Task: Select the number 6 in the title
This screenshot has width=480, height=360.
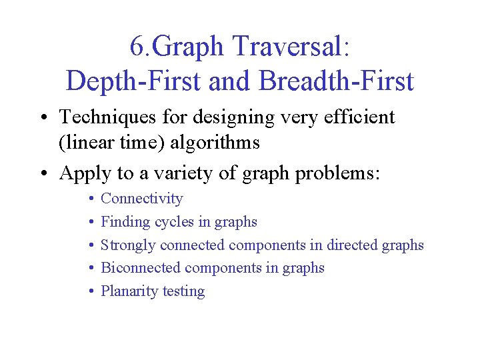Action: click(136, 46)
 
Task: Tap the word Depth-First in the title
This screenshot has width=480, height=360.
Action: click(133, 81)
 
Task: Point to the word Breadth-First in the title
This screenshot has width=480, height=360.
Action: click(336, 81)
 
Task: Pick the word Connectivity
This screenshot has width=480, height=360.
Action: click(141, 199)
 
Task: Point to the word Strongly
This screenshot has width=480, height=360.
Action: click(127, 245)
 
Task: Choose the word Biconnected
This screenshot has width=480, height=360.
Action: click(141, 268)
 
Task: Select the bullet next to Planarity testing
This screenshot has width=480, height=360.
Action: click(90, 292)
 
